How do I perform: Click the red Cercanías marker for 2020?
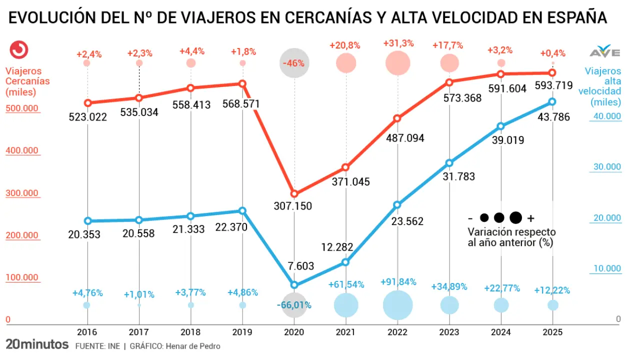pos(294,193)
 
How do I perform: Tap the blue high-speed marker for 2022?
pos(397,204)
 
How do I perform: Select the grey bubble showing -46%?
pos(294,63)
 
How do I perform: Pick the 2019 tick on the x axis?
pos(242,332)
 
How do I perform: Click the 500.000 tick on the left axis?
pos(22,108)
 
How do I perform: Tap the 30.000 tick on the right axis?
pos(607,167)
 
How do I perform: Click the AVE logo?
pos(605,52)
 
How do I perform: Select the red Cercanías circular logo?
pos(19,49)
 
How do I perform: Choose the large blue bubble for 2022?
pos(397,305)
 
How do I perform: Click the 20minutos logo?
pos(37,344)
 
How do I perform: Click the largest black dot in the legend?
pos(515,217)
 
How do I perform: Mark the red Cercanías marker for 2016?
pos(87,103)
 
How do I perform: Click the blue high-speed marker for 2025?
pos(552,101)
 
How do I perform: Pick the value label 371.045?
pos(351,181)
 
